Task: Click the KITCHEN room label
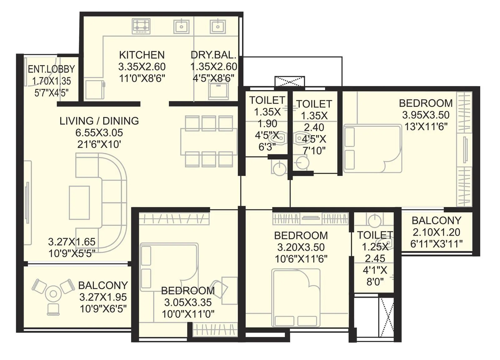(x=142, y=55)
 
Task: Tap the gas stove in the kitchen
(x=141, y=26)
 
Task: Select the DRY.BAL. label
(x=213, y=55)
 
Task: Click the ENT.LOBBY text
(x=51, y=69)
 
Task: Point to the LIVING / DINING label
(x=99, y=121)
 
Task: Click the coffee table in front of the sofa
(x=79, y=202)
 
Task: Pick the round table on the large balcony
(x=53, y=294)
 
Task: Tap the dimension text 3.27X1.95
(x=103, y=297)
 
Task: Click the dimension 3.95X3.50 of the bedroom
(x=426, y=115)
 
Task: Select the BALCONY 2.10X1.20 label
(x=436, y=221)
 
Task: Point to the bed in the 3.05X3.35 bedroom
(x=169, y=267)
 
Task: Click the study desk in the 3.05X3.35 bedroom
(x=230, y=290)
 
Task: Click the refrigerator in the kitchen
(x=94, y=89)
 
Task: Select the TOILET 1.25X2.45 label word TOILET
(x=375, y=235)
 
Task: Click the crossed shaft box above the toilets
(x=289, y=81)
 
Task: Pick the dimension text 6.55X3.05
(x=99, y=133)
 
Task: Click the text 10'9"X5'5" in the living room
(x=72, y=253)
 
